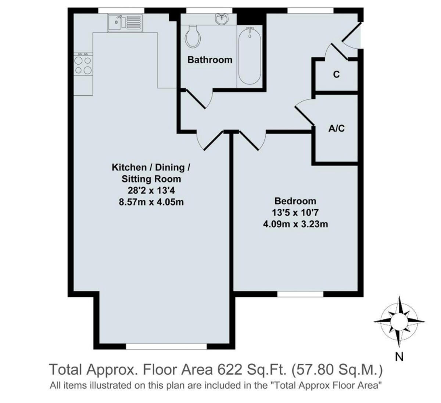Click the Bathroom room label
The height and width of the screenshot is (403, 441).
[210, 60]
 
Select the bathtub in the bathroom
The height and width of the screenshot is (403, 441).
[250, 57]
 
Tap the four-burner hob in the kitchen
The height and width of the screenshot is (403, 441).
[83, 65]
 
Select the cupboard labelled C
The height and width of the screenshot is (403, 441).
[336, 75]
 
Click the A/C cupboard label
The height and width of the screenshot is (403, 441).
[336, 128]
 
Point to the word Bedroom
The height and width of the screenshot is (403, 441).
[295, 201]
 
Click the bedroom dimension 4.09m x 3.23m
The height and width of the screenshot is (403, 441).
[295, 224]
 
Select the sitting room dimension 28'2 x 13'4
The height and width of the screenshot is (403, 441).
[151, 190]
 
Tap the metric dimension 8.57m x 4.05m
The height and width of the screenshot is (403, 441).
[151, 202]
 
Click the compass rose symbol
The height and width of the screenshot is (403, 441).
[399, 321]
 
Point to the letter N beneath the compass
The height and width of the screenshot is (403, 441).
[399, 356]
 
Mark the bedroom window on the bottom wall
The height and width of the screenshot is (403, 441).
[300, 294]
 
